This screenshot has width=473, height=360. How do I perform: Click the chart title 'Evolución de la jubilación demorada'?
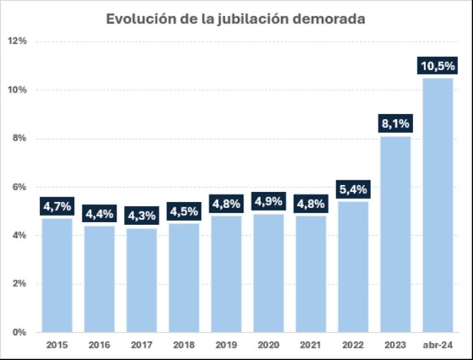[235, 19]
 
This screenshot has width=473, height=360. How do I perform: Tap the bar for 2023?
[395, 236]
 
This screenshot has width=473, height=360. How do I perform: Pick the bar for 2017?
[141, 280]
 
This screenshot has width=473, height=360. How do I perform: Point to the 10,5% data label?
[438, 66]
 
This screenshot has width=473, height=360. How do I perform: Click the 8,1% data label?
[395, 124]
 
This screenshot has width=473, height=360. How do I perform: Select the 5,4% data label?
[353, 190]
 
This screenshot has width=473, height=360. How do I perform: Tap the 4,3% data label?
[141, 216]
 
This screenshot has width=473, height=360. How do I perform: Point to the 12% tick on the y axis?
[17, 41]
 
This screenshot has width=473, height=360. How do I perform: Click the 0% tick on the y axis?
[20, 332]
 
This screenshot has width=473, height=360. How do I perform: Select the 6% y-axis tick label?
[20, 187]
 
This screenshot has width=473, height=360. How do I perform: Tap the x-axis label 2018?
[184, 345]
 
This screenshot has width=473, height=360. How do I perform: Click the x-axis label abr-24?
[438, 345]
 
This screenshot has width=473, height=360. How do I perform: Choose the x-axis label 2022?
[353, 345]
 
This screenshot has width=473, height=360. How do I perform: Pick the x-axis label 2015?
[57, 345]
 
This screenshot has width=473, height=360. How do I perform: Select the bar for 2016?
[99, 279]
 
